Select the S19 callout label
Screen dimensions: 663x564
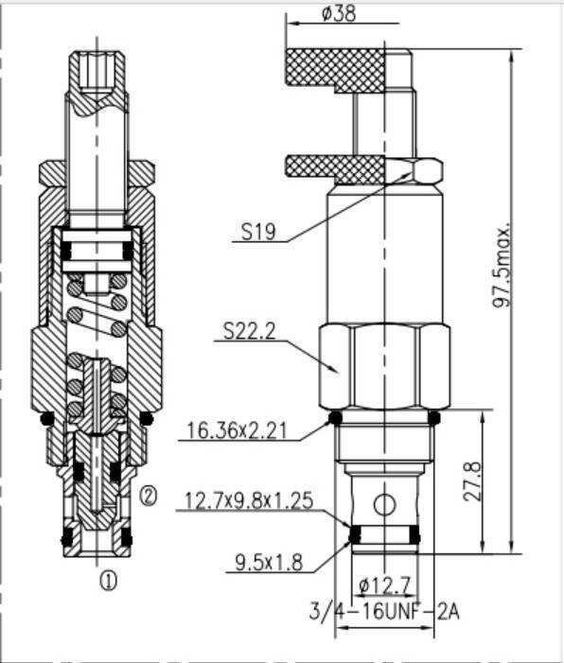point(259,231)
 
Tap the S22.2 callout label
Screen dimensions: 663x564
point(251,330)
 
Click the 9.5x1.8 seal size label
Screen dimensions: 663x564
point(269,563)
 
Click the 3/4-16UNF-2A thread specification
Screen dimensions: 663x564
point(384,611)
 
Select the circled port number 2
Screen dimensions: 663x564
point(148,494)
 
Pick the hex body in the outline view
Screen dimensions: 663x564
point(384,364)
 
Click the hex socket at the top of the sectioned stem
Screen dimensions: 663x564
point(97,70)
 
